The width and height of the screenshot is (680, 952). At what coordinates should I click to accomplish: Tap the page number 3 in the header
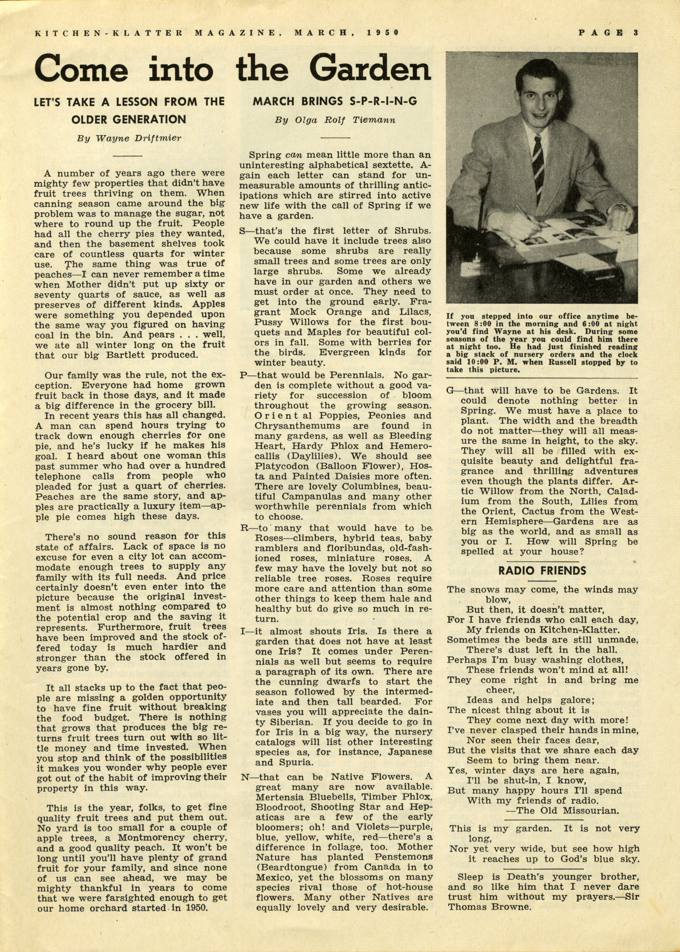[635, 33]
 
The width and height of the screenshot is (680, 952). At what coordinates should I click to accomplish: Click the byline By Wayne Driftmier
[129, 138]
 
